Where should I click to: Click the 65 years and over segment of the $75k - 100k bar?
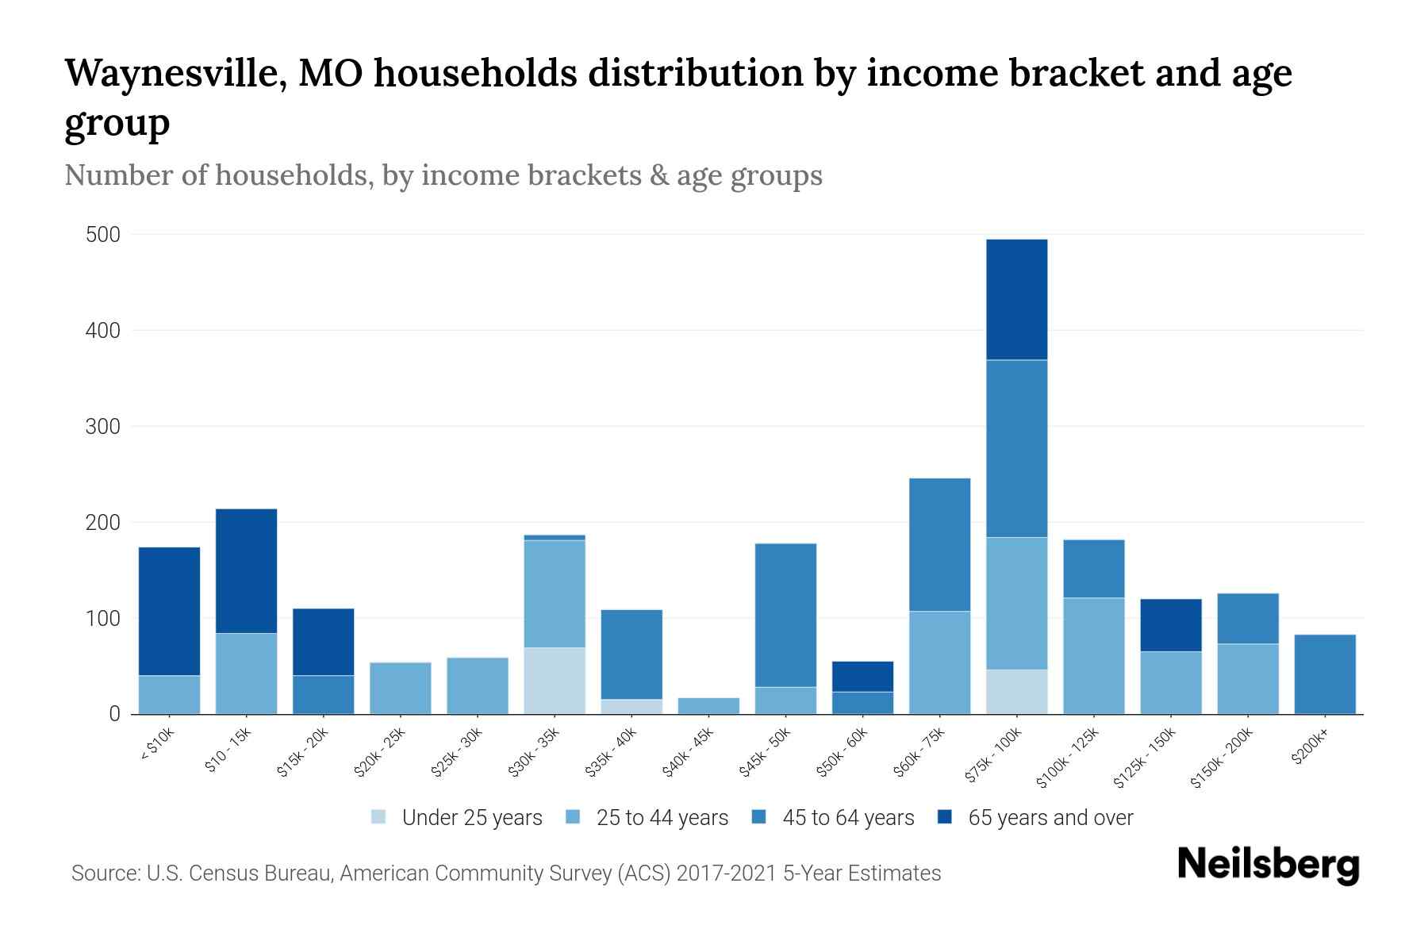[x=1016, y=300]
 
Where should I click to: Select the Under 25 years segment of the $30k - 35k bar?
[x=555, y=681]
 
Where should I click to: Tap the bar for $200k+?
[x=1324, y=674]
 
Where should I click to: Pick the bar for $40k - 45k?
[x=708, y=705]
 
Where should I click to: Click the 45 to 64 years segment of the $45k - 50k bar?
[x=785, y=615]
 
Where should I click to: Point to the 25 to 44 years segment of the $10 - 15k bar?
[x=246, y=674]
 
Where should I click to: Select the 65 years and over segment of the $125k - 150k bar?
[x=1170, y=625]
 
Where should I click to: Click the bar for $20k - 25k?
[x=401, y=688]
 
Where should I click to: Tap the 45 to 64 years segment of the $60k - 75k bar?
[x=939, y=544]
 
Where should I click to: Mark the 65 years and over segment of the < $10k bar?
[x=169, y=611]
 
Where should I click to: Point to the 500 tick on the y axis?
[x=103, y=235]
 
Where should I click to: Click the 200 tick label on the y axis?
[x=103, y=523]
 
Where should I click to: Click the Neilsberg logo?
[x=1268, y=865]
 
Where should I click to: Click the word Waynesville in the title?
[x=173, y=74]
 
